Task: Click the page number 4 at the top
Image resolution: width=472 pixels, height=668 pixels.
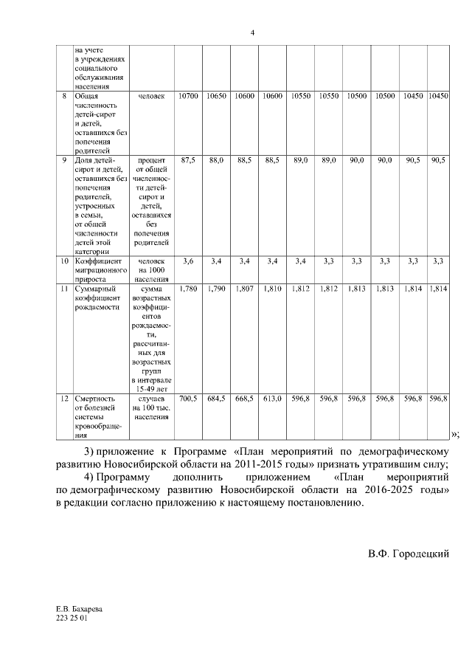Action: pos(252,33)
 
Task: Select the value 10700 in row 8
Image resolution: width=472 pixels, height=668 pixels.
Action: pos(188,97)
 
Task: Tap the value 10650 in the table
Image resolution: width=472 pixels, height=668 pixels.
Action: pos(216,97)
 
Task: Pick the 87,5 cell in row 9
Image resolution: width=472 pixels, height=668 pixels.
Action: pos(188,160)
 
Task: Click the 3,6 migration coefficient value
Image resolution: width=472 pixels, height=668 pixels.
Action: pos(188,261)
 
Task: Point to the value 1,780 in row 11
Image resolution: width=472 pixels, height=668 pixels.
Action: pos(188,289)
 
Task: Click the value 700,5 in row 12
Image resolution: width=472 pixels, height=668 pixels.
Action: pos(188,399)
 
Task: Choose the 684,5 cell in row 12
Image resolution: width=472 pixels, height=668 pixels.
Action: pos(216,399)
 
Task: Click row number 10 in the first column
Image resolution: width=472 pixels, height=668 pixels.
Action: pos(64,261)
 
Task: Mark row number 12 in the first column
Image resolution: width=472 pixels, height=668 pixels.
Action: pos(64,399)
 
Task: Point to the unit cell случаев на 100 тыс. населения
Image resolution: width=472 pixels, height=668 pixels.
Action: pos(151,407)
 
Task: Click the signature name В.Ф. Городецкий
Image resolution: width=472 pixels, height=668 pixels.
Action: pos(409,554)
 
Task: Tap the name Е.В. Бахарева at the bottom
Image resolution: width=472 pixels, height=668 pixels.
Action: pos(79,610)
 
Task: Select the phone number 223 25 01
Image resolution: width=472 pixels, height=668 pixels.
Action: pos(72,619)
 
